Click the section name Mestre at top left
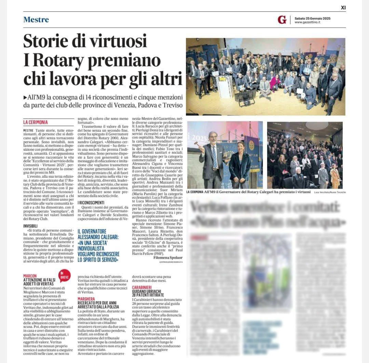click(x=36, y=19)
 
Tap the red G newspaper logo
click(x=282, y=20)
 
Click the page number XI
click(x=343, y=7)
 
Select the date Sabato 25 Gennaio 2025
click(x=312, y=18)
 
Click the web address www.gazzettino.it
click(x=307, y=23)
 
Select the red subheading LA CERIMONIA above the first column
click(x=36, y=122)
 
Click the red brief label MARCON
click(x=30, y=276)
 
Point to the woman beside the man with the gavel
click(x=240, y=164)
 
